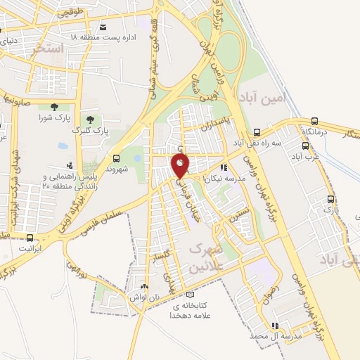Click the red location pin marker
(181, 166)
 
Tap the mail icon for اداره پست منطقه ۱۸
(104, 27)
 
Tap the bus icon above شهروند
(116, 157)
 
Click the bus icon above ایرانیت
(30, 237)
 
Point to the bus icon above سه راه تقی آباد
(257, 131)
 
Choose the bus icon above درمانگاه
(314, 120)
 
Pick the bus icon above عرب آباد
(305, 146)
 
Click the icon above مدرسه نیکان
(224, 167)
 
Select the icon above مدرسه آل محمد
(275, 326)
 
